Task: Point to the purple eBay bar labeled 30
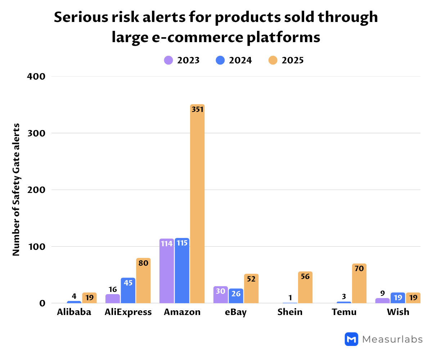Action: [x=220, y=294]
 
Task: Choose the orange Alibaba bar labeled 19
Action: [x=89, y=298]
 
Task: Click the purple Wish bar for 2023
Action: [x=382, y=301]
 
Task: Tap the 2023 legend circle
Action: [x=168, y=60]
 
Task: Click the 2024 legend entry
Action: [x=234, y=60]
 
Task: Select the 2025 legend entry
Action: [x=286, y=60]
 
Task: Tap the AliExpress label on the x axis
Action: [x=128, y=312]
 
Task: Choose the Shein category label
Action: [x=290, y=312]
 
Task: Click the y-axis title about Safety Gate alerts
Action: [x=16, y=190]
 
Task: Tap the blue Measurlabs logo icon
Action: [x=351, y=339]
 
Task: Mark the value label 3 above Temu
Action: [x=344, y=297]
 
